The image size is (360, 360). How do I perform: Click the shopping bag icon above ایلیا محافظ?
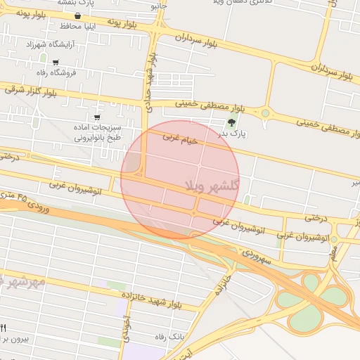[77, 15]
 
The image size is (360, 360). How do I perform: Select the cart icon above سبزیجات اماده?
[96, 117]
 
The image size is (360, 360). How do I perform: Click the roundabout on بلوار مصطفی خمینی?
[265, 112]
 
